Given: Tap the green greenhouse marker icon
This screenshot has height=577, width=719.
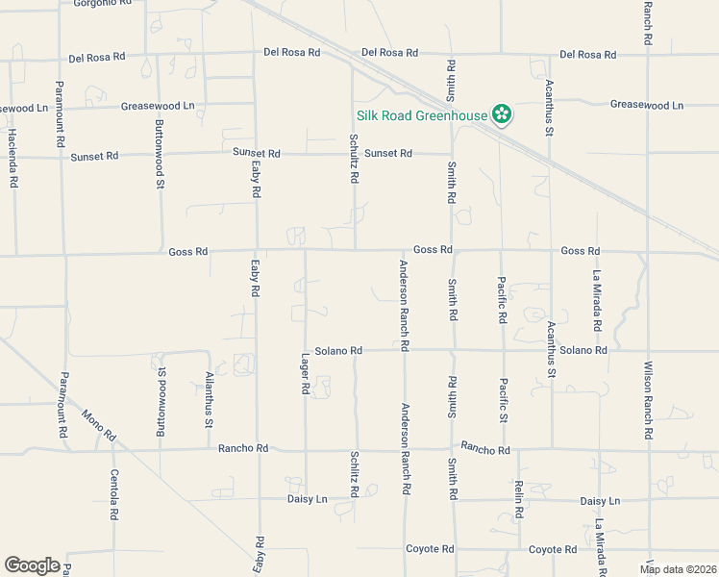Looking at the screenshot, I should click(x=501, y=115).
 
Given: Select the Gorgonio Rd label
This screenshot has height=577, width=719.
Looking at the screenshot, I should click(x=101, y=3).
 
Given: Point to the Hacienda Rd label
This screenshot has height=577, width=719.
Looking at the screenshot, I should click(x=12, y=158).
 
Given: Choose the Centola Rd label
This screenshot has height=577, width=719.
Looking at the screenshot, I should click(x=113, y=494).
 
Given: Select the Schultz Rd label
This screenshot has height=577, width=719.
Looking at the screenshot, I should click(x=354, y=160).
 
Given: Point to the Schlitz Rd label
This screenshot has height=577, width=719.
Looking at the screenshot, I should click(x=355, y=476).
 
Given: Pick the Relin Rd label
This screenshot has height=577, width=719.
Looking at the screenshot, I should click(x=518, y=495).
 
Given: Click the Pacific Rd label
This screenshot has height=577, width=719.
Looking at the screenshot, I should click(x=502, y=300).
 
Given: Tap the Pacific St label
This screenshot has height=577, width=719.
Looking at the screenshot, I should click(x=502, y=400).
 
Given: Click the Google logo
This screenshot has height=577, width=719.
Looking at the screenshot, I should click(x=32, y=565).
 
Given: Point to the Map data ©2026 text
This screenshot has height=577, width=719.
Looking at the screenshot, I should click(x=678, y=569).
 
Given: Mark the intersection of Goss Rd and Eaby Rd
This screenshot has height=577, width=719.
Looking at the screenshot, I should click(x=256, y=251).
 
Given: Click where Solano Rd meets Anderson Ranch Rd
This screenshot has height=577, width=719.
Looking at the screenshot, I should click(x=404, y=351).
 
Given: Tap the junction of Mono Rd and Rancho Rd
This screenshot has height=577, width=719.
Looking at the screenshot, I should click(x=112, y=449).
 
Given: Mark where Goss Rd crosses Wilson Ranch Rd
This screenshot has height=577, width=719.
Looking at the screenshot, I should click(x=649, y=252).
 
